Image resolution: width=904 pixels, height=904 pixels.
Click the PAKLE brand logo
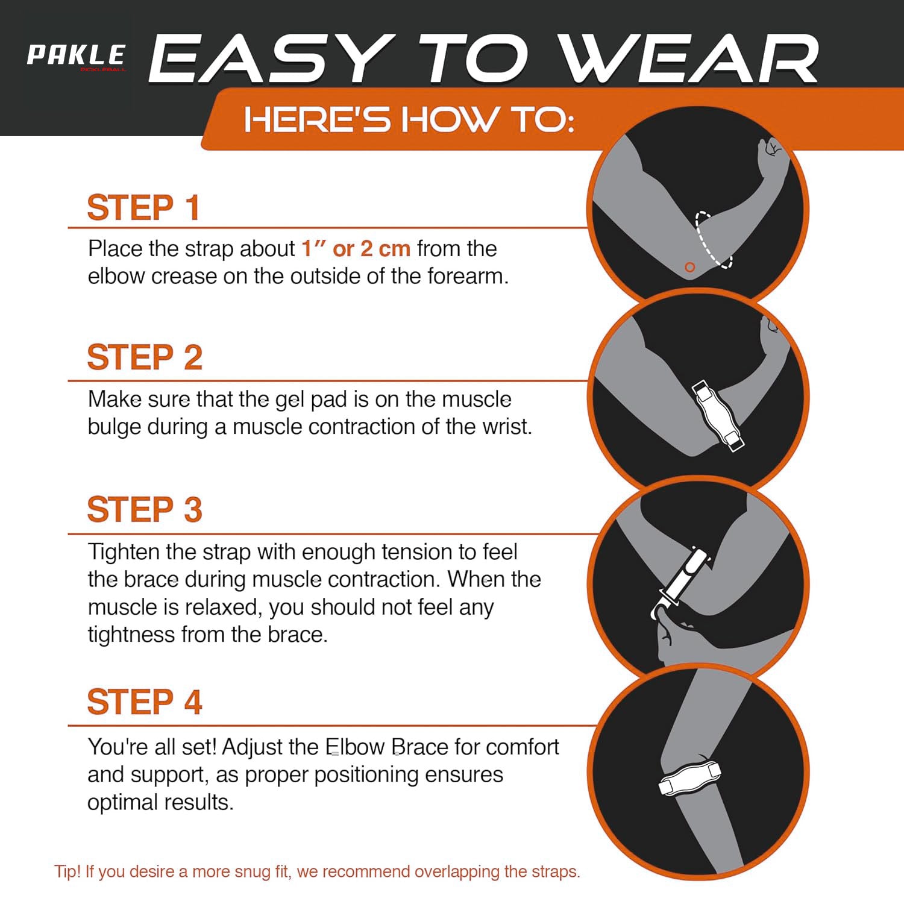77,57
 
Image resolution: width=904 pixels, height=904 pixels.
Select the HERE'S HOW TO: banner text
409,119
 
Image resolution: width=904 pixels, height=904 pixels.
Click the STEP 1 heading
143,208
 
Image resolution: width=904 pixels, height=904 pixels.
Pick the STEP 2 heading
145,357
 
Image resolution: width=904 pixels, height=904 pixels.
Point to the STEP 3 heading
145,509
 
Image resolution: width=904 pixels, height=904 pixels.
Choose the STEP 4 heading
145,702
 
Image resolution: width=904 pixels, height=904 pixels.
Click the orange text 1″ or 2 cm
356,248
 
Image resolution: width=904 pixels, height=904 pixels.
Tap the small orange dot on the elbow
690,267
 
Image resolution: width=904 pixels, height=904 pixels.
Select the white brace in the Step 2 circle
718,416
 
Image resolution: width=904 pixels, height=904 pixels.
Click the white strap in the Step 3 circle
681,582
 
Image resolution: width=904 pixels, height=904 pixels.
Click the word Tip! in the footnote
67,871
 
